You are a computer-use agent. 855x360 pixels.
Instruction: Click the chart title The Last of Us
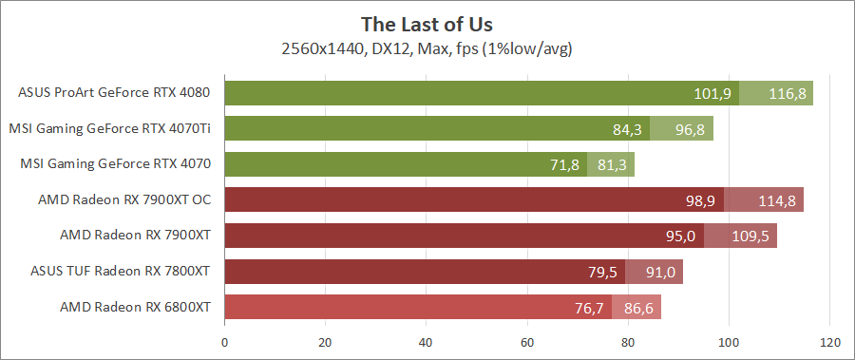point(427,23)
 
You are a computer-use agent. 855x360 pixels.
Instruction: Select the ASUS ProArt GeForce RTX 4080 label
point(114,93)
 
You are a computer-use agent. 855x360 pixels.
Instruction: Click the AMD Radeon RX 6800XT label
point(135,307)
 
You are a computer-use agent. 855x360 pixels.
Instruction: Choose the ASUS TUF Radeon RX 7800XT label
point(120,272)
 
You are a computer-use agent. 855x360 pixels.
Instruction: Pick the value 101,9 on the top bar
point(712,93)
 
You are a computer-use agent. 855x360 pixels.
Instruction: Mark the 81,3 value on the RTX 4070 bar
point(612,164)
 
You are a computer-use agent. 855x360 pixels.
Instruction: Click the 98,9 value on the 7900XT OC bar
point(698,200)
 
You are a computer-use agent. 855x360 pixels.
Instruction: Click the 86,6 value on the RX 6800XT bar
point(636,308)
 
